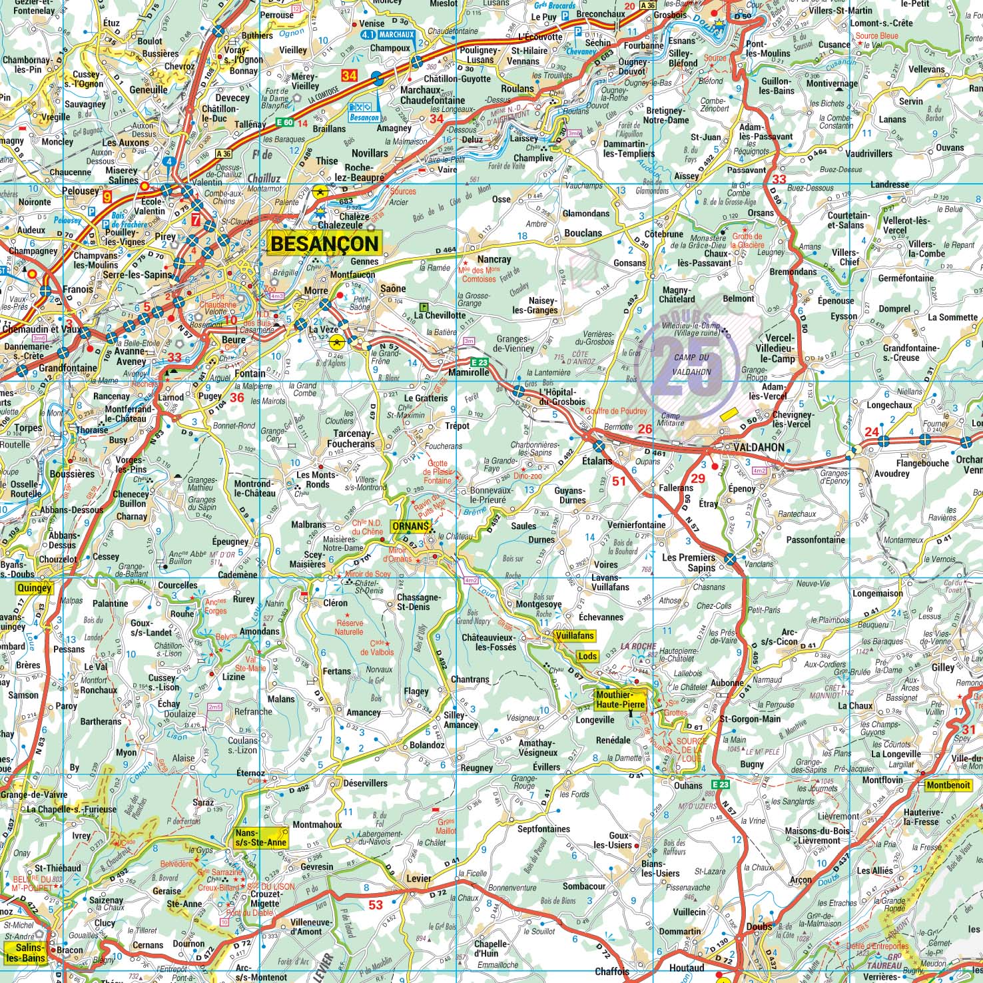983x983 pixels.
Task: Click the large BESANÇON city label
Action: tap(324, 244)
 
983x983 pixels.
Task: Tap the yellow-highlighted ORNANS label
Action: tap(409, 526)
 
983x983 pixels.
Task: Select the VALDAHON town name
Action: tap(758, 448)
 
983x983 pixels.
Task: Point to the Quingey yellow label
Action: tap(33, 588)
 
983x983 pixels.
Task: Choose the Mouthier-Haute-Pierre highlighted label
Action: tap(619, 699)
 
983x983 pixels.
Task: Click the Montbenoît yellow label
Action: tap(948, 785)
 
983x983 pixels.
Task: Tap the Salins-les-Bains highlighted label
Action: tap(25, 953)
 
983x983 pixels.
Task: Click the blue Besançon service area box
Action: tap(363, 111)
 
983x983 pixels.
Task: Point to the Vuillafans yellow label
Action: tap(574, 636)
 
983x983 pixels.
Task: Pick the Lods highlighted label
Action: tap(587, 656)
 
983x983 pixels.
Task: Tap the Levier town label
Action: tap(419, 878)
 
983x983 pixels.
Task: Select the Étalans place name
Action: tap(597, 461)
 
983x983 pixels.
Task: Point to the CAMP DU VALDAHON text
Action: tap(693, 365)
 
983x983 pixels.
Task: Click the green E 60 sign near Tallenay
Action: tap(284, 123)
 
